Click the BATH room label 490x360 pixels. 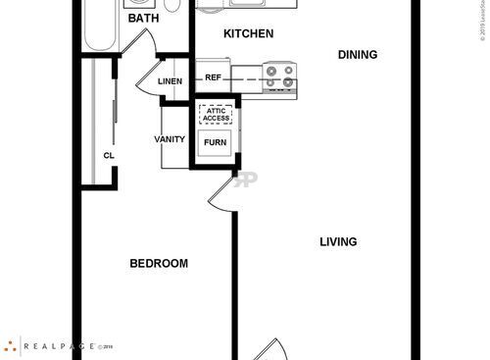144,19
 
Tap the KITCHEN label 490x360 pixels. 248,34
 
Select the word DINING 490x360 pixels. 358,55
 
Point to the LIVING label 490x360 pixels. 338,241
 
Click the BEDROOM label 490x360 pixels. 159,264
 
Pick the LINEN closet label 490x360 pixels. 171,80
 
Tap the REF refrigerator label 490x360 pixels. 214,77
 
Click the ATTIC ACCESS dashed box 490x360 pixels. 216,114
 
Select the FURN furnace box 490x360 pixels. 216,143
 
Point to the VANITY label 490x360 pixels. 170,139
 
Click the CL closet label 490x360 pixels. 108,155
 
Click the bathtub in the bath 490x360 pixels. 101,26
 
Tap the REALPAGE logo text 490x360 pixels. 57,346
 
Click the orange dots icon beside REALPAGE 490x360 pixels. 11,346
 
